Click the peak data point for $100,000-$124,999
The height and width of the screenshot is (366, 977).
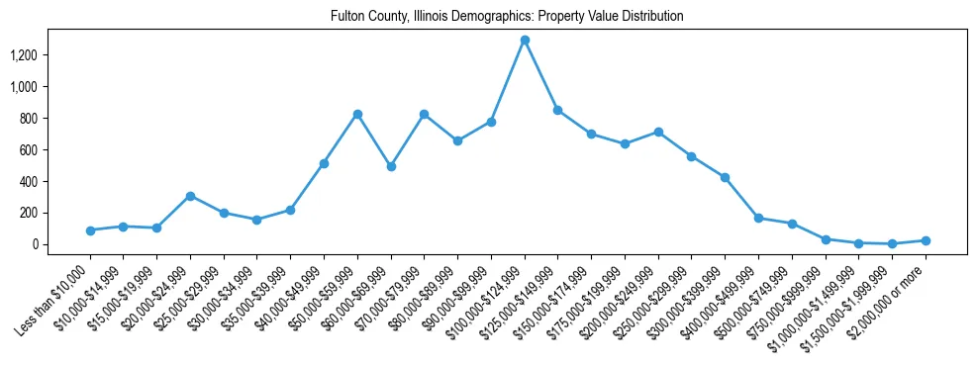[x=525, y=40]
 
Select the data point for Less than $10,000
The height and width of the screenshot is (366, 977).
[x=90, y=230]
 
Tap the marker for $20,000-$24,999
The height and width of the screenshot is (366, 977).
[x=190, y=196]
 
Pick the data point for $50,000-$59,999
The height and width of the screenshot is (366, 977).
[x=357, y=114]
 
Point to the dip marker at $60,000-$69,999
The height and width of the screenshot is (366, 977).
[x=391, y=166]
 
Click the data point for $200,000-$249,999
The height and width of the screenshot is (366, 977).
[x=658, y=132]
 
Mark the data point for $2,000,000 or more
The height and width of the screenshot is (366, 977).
[x=926, y=240]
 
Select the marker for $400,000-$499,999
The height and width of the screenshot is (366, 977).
[x=758, y=218]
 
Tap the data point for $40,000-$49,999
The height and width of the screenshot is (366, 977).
[x=324, y=163]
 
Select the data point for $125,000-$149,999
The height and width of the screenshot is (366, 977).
[x=558, y=110]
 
